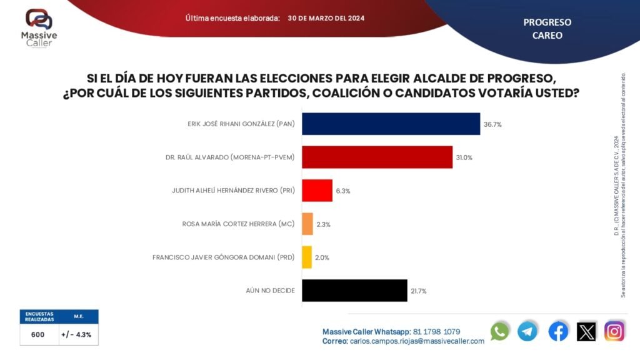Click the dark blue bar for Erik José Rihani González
391,124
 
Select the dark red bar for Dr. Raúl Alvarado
377,157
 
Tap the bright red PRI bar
317,191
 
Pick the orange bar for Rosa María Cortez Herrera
307,224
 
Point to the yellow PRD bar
307,257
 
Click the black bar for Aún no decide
354,291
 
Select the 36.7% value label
492,124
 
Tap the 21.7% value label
418,291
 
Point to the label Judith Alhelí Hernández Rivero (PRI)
233,191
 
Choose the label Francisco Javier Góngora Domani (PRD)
223,257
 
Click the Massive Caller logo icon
39,19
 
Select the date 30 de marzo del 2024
326,18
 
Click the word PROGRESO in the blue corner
547,22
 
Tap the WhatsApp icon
500,331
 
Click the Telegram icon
527,331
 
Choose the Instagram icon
614,331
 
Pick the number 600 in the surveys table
37,334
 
